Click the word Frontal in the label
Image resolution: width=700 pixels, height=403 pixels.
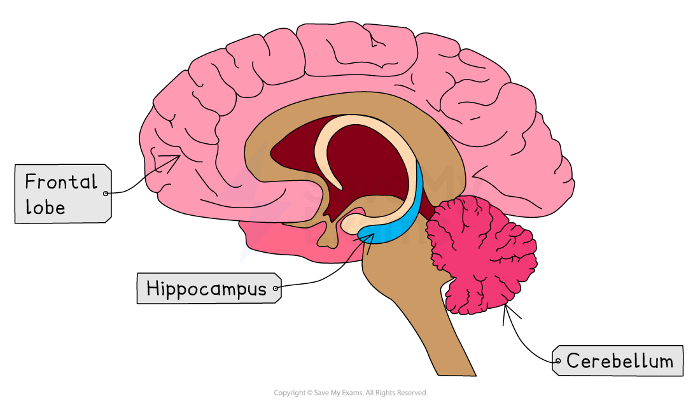[61, 182]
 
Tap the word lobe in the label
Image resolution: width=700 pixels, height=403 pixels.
[45, 207]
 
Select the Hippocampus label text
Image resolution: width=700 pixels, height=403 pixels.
[206, 289]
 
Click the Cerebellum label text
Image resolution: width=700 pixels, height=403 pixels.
[619, 362]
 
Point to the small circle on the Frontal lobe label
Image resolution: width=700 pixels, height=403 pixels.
[106, 192]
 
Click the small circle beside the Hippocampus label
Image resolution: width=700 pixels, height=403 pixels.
[276, 289]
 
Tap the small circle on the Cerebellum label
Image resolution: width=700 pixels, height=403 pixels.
[558, 362]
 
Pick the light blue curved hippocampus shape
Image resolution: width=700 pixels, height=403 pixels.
[407, 216]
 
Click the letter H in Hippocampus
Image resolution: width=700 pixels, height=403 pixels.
[151, 289]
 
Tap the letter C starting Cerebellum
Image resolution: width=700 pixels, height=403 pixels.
[571, 362]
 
